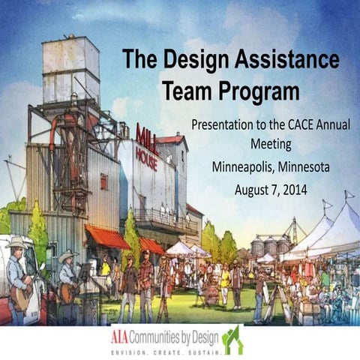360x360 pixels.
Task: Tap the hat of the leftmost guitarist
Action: pyautogui.click(x=14, y=241)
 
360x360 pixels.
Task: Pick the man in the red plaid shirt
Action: pyautogui.click(x=145, y=274)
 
